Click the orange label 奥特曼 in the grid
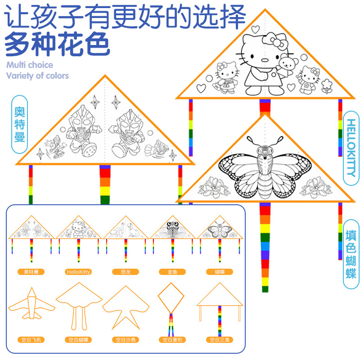[31, 272]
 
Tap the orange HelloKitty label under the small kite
[78, 272]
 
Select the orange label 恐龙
[126, 272]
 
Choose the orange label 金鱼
[172, 272]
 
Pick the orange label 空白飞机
[31, 340]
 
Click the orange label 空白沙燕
[126, 340]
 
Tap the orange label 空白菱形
[172, 340]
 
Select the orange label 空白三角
[220, 340]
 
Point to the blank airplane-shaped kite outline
[31, 306]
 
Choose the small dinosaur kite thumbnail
[126, 229]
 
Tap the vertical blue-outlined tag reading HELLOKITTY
[351, 148]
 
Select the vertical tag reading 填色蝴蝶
[351, 255]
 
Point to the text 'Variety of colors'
[38, 76]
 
